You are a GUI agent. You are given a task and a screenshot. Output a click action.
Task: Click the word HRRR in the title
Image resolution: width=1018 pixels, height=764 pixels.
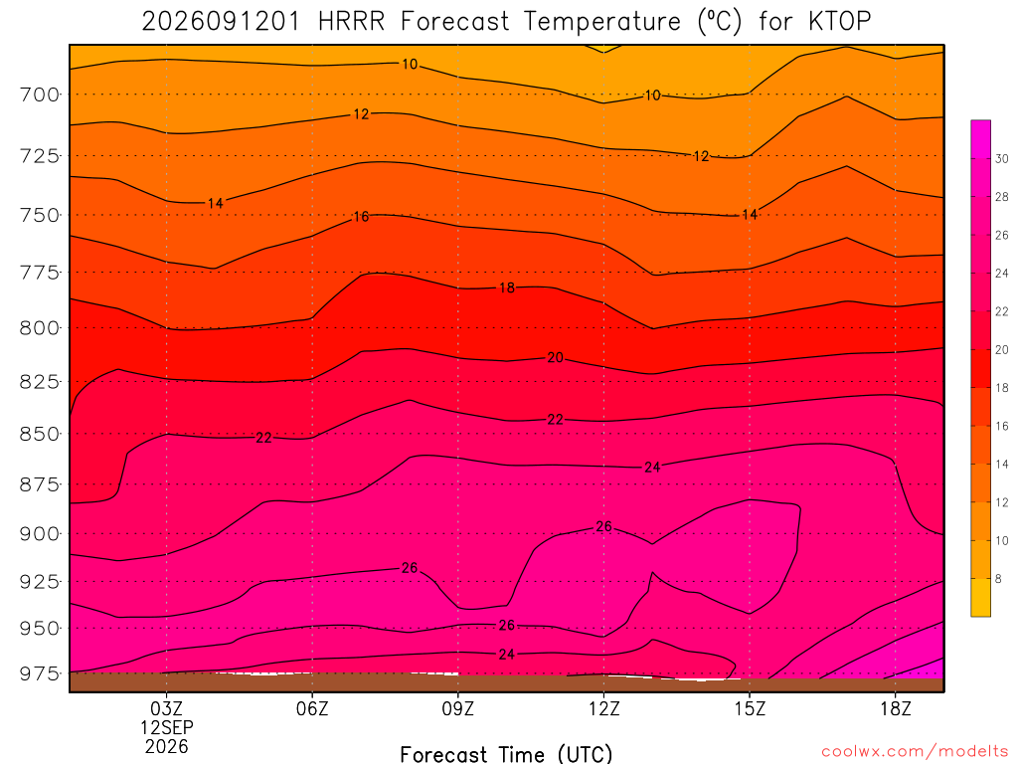351,22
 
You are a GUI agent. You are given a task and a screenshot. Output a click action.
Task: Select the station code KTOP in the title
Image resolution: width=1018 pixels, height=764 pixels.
839,22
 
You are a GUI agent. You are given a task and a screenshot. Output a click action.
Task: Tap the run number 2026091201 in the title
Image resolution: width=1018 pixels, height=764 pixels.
221,22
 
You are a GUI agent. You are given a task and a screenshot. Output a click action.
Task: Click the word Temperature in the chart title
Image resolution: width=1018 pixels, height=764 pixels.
601,22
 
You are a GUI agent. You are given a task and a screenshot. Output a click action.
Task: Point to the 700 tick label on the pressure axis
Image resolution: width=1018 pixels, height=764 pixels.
40,95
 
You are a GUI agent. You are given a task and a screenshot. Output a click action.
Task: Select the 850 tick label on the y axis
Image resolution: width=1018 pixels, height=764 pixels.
40,434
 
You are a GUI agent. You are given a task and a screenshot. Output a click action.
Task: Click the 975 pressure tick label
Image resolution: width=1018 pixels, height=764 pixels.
40,673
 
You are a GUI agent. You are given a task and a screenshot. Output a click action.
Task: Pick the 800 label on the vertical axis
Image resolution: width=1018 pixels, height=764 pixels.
40,328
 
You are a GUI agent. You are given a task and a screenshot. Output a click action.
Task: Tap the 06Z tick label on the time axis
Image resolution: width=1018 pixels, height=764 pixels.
312,708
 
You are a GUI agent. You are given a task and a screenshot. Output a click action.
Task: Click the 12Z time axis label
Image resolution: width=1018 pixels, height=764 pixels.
603,708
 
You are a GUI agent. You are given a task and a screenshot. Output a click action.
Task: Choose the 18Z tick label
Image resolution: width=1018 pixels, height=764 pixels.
896,708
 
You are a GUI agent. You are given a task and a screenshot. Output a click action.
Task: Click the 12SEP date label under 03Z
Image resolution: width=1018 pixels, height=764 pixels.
167,727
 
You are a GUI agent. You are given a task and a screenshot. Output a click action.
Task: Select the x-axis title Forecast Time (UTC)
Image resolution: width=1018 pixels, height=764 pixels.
506,754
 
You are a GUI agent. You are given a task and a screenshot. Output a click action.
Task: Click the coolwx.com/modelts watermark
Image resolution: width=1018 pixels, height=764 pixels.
915,752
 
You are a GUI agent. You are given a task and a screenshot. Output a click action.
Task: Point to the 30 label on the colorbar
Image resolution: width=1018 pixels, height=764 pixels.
1002,159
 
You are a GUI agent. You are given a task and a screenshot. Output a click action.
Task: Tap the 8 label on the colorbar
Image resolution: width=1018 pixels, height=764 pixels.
998,579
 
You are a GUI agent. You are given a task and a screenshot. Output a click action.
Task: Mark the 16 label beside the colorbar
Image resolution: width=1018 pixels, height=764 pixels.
1002,426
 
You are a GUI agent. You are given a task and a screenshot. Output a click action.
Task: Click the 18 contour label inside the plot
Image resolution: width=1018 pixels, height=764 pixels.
507,287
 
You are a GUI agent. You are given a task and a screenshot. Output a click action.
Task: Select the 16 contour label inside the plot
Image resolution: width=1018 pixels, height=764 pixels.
361,216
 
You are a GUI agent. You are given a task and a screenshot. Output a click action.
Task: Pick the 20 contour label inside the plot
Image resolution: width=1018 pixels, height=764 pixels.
555,357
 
